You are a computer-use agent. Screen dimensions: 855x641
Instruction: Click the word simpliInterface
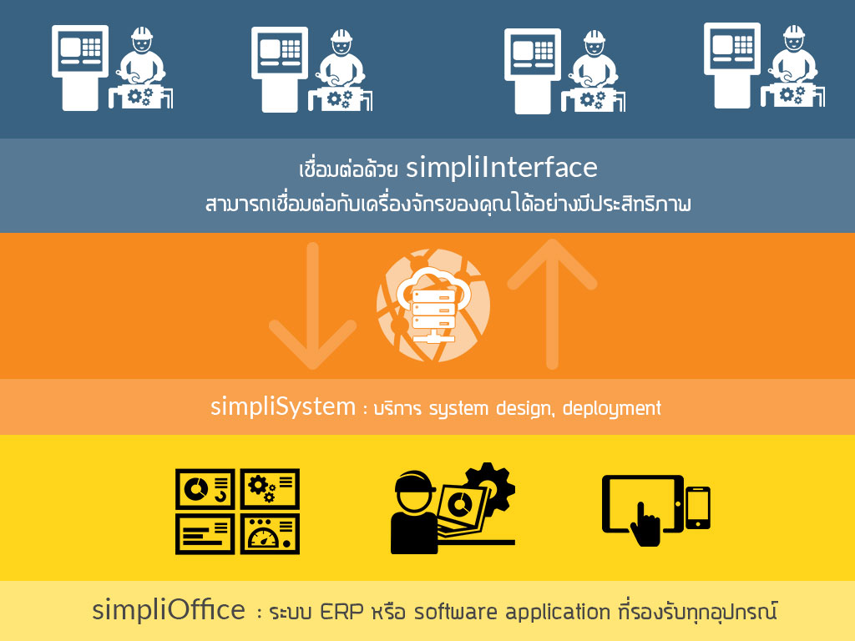(502, 168)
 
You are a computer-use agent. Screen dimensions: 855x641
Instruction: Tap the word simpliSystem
(283, 407)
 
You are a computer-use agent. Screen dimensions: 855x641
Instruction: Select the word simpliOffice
(169, 610)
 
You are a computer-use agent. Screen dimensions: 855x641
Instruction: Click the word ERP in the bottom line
(341, 612)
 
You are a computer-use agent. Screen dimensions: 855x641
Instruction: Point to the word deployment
(612, 408)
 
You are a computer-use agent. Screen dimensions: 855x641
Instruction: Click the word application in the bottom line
(557, 612)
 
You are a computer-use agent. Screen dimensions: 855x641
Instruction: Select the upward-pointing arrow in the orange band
(553, 303)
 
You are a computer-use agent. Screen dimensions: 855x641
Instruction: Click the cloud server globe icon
(433, 305)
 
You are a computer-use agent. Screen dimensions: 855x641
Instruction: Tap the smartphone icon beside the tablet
(697, 507)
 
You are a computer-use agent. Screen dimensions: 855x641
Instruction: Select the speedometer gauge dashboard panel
(270, 534)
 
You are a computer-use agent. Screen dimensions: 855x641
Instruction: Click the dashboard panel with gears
(270, 488)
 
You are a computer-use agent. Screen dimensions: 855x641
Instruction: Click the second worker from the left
(341, 70)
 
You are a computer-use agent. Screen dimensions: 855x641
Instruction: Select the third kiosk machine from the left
(532, 71)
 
